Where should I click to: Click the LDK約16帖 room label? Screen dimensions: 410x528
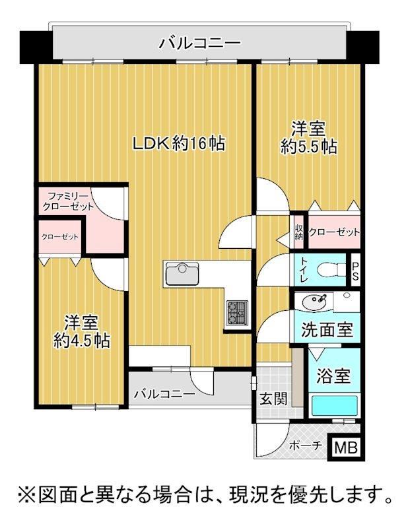(178, 144)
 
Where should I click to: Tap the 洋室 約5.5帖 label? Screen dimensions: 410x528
(308, 138)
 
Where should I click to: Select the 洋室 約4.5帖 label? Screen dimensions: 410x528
(82, 332)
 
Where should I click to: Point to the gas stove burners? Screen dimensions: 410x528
(237, 313)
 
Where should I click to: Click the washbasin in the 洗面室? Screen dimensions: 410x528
(314, 302)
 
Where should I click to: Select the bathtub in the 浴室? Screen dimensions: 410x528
(334, 406)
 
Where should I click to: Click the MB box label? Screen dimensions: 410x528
(346, 448)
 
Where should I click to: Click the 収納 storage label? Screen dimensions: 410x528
(298, 232)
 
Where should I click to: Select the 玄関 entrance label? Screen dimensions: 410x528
(273, 399)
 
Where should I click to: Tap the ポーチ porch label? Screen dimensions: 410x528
(306, 446)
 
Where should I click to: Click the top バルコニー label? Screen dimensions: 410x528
(201, 43)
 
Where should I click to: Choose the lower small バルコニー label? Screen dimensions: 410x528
(164, 393)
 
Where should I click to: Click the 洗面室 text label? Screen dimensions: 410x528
(327, 329)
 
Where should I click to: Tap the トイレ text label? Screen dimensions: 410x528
(304, 270)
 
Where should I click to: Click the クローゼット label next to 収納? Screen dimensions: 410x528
(334, 232)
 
